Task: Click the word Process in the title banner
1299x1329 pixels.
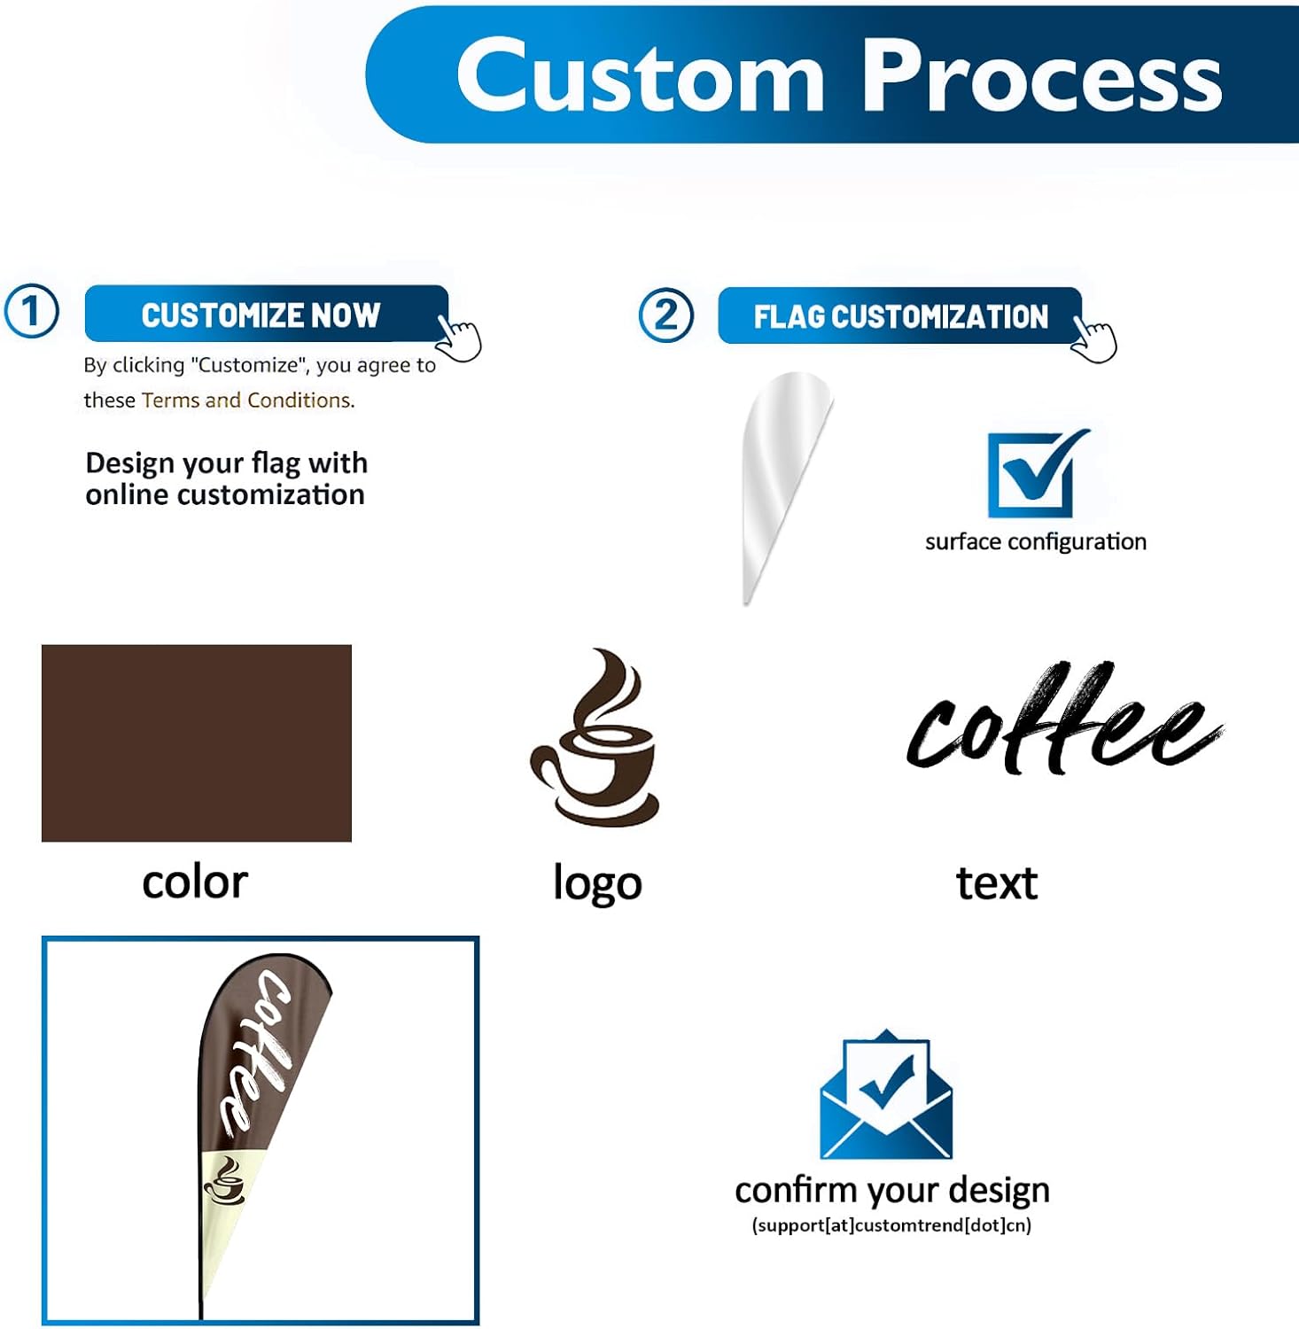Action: point(1042,76)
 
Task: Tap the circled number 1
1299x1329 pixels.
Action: point(32,312)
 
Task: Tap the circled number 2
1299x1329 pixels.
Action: point(665,315)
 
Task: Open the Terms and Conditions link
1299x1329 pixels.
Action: point(247,400)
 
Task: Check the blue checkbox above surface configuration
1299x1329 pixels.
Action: point(1033,473)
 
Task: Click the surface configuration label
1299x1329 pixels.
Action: point(1035,541)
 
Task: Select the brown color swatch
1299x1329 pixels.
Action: point(197,742)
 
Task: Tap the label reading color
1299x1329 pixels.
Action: point(195,882)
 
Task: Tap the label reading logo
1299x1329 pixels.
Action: point(597,883)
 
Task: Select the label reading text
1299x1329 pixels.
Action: point(997,883)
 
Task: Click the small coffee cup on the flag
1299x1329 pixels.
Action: point(225,1183)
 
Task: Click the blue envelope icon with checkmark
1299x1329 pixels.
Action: point(886,1095)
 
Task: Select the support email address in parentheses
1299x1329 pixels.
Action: point(891,1225)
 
